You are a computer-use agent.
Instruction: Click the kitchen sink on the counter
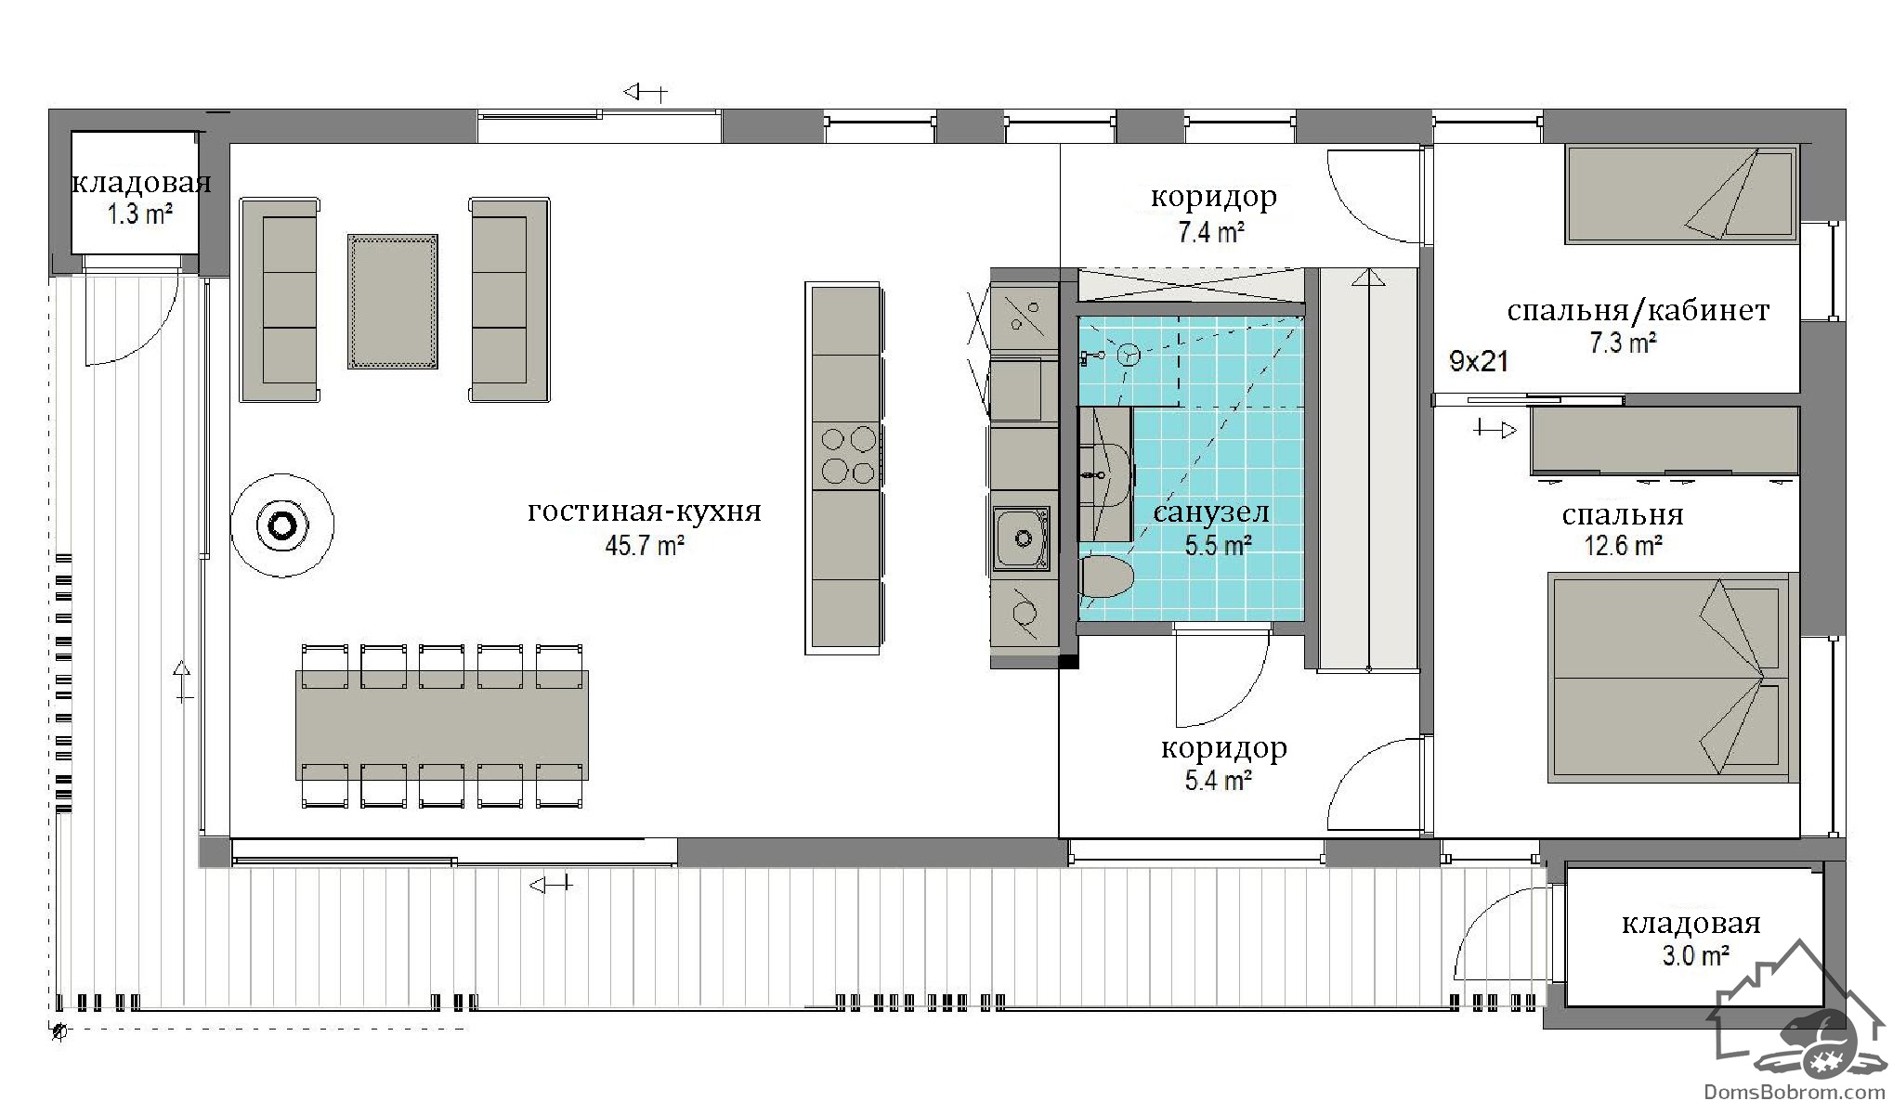click(1022, 538)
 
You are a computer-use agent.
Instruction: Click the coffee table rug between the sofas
click(392, 302)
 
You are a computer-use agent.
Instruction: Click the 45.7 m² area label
click(645, 546)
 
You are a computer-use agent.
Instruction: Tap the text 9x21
click(1479, 361)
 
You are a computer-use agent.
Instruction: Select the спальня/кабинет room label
click(1638, 310)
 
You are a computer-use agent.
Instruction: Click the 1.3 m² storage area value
click(139, 214)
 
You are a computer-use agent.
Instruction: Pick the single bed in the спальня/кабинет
click(1681, 195)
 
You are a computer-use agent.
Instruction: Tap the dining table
click(442, 726)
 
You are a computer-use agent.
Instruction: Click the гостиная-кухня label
click(645, 512)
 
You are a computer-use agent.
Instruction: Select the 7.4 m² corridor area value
click(1211, 232)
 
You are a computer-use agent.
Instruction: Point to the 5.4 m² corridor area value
click(1218, 780)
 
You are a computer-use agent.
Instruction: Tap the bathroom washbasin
click(1104, 473)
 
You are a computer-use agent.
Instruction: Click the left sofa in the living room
click(280, 300)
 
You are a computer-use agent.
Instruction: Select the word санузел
click(1211, 512)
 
